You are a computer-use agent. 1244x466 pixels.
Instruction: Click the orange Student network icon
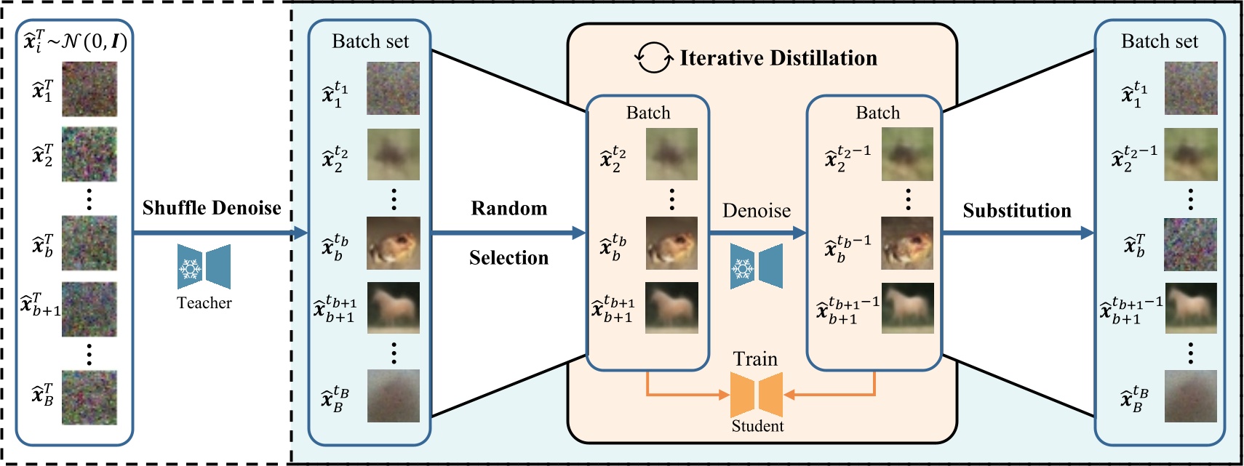(x=756, y=394)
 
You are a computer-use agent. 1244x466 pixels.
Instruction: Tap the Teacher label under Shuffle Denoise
(x=204, y=303)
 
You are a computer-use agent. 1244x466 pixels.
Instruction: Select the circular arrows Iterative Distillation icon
(x=653, y=57)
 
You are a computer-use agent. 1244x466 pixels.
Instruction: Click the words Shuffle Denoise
(x=211, y=208)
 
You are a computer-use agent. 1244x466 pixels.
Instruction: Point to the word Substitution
(x=1016, y=211)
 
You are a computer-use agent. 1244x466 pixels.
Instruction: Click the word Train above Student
(x=755, y=359)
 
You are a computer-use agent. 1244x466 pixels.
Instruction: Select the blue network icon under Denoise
(x=756, y=266)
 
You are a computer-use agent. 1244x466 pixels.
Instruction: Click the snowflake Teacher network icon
(x=204, y=266)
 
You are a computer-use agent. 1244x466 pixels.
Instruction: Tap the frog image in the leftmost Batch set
(x=393, y=243)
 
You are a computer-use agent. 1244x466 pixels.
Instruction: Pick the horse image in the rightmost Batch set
(x=1191, y=308)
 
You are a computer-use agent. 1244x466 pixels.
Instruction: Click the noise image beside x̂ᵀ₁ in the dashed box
(x=89, y=89)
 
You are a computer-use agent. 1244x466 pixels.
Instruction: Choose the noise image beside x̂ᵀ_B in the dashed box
(x=89, y=397)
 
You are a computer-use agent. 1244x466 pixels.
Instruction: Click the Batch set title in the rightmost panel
(x=1159, y=41)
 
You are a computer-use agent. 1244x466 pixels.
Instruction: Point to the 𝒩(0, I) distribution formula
(x=95, y=41)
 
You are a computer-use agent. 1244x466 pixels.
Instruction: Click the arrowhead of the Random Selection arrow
(x=579, y=233)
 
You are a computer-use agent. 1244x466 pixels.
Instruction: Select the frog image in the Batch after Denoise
(x=907, y=243)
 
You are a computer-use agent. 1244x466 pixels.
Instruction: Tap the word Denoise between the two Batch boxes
(x=756, y=211)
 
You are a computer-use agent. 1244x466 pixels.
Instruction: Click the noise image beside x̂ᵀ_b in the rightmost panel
(x=1191, y=244)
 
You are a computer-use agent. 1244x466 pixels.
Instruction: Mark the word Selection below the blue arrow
(x=509, y=258)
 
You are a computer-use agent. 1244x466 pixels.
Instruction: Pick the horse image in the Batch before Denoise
(x=671, y=308)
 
